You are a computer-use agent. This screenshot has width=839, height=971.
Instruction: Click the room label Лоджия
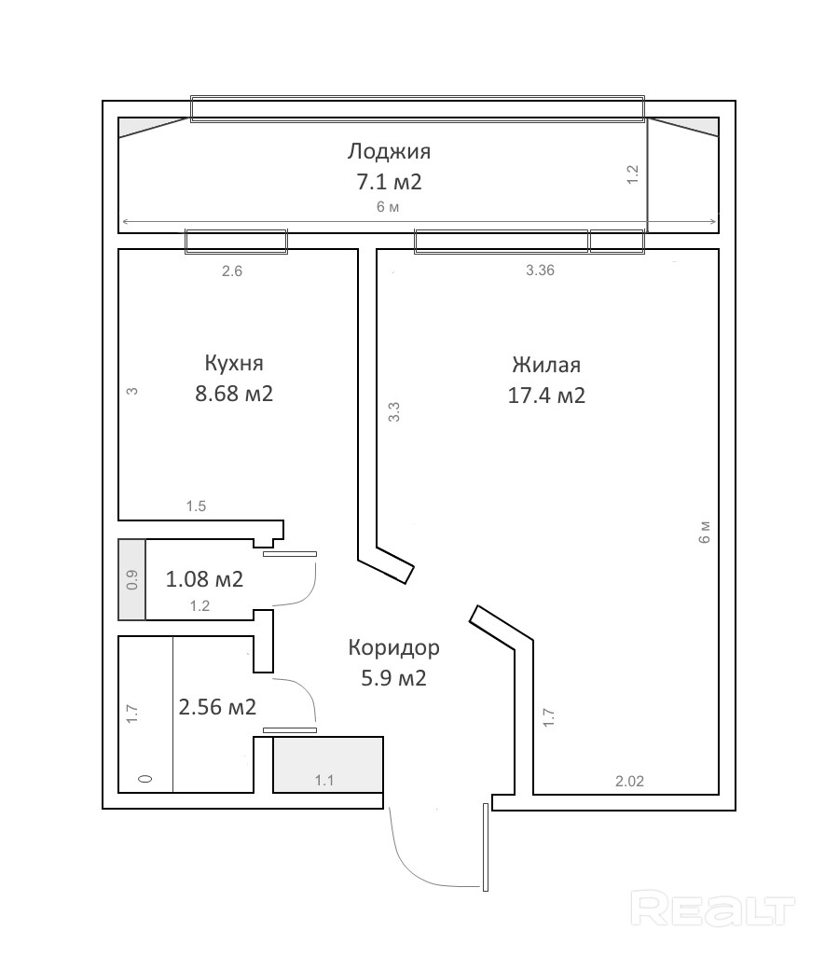click(389, 152)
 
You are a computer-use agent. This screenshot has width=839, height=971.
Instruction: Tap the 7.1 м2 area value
click(389, 182)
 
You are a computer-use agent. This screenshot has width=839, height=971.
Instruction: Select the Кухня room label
click(234, 363)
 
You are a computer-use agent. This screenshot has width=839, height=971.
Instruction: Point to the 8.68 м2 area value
click(234, 394)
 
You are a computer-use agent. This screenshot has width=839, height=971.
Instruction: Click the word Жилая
click(546, 365)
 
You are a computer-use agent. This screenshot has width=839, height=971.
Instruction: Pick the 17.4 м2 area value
click(546, 395)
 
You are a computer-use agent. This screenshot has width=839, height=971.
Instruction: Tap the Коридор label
click(393, 647)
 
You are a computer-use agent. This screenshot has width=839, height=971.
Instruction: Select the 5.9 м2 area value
click(393, 679)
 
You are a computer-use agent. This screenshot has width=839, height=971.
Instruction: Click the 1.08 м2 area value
click(204, 579)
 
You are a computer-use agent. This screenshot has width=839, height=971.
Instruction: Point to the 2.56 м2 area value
click(217, 707)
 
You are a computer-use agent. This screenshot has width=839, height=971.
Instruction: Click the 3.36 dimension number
click(540, 270)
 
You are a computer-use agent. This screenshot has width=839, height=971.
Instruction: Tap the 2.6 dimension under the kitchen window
click(232, 270)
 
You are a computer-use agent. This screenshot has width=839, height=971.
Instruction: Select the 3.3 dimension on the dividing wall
click(394, 411)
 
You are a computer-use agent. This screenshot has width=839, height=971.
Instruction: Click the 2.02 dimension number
click(629, 782)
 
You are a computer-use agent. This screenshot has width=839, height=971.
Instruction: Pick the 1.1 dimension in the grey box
click(324, 781)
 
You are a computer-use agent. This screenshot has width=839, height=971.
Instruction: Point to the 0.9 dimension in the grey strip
click(132, 579)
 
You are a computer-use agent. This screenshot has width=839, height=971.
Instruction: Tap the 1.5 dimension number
click(196, 506)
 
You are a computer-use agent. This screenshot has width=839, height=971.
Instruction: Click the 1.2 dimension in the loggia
click(632, 174)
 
